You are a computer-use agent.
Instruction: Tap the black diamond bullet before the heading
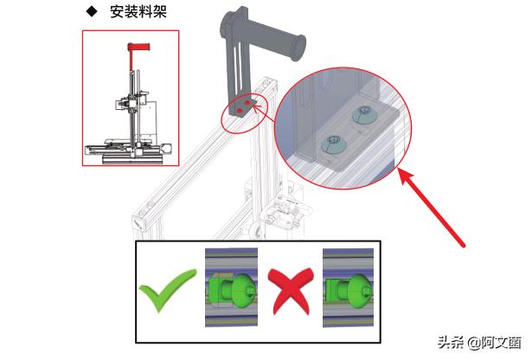click(90, 12)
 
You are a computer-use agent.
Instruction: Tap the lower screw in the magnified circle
click(330, 140)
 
